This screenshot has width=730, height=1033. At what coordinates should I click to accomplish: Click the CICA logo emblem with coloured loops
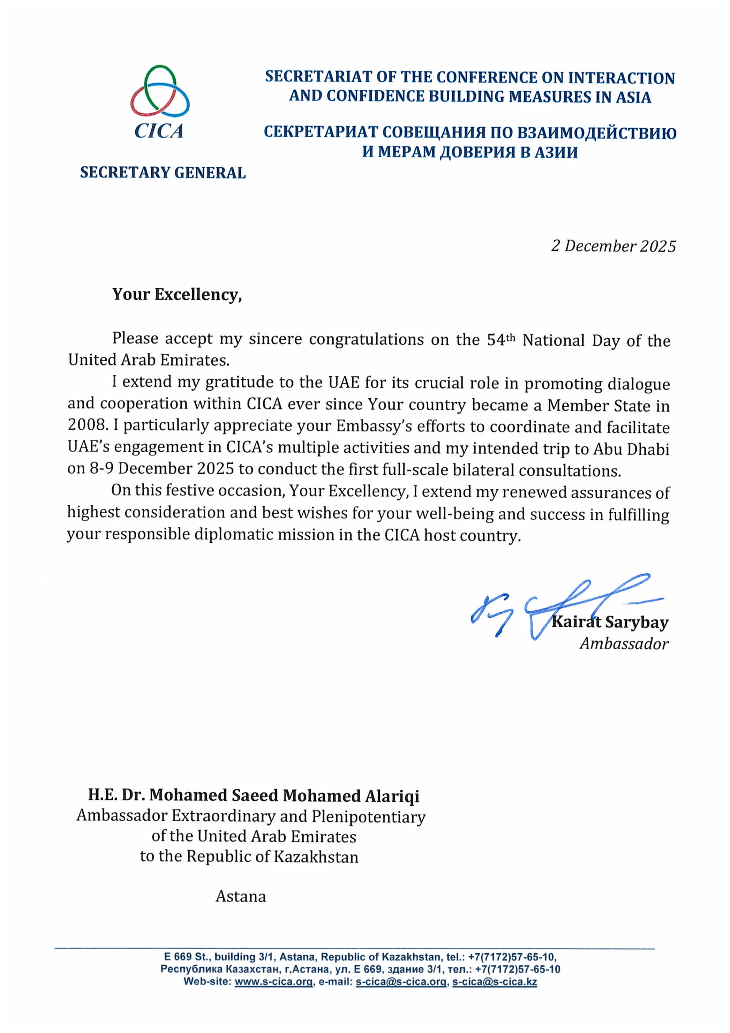tap(160, 91)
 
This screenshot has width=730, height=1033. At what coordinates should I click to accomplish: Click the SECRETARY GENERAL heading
tap(163, 173)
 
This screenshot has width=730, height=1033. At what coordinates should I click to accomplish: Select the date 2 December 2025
tap(613, 246)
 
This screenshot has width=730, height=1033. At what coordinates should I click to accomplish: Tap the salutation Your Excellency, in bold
tap(177, 295)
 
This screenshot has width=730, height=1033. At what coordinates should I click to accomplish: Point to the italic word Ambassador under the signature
tap(624, 644)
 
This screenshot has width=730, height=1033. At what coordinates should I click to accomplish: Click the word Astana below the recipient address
tap(240, 896)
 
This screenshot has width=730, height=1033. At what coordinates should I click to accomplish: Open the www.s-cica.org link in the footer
tap(273, 982)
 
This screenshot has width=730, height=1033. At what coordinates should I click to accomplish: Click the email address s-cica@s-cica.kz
tap(494, 982)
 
